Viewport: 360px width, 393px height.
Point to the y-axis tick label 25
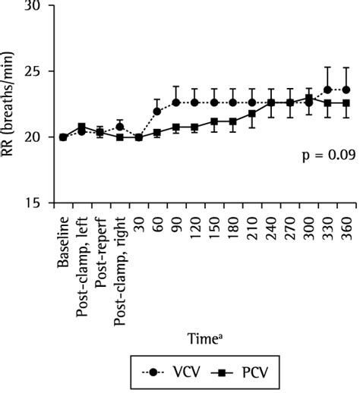(35, 71)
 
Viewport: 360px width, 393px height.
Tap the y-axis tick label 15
(35, 203)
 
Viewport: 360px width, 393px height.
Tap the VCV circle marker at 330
(327, 90)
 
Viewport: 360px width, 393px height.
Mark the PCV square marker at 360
(346, 103)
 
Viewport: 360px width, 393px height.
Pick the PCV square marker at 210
(251, 114)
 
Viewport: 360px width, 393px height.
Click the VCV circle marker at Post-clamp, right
(120, 126)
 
